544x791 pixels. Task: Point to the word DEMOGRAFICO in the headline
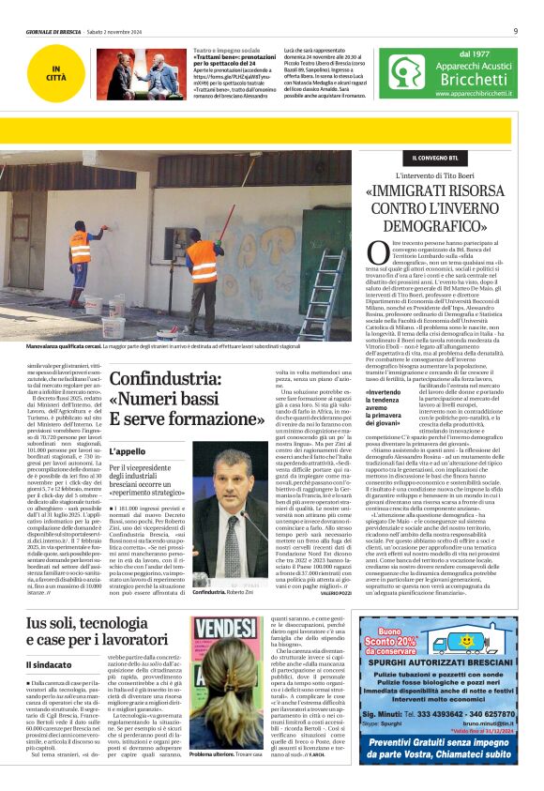coord(446,225)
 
